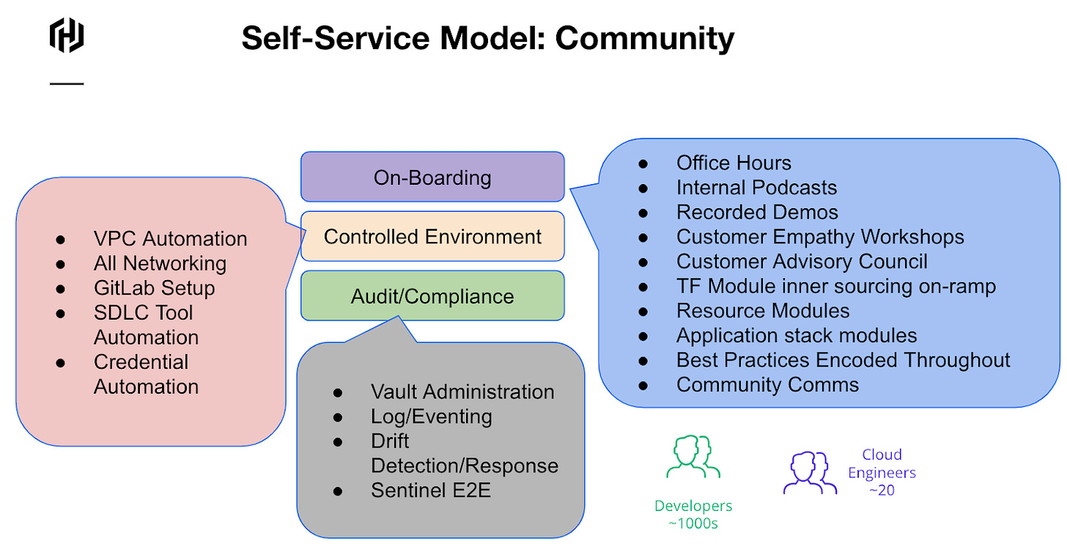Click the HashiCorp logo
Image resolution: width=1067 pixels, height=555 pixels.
(67, 35)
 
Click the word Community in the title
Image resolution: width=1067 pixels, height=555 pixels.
(644, 38)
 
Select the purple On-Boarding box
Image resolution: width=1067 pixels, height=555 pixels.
(432, 177)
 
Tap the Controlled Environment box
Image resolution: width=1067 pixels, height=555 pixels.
(432, 236)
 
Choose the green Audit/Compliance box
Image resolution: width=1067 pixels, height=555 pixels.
(432, 296)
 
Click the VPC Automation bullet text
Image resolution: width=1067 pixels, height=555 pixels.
(170, 239)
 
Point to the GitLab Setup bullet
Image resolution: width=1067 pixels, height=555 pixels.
(154, 288)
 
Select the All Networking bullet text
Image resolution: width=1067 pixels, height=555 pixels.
(160, 263)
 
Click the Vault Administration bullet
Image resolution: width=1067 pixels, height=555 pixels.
(462, 392)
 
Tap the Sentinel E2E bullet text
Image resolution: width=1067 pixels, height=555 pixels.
(431, 490)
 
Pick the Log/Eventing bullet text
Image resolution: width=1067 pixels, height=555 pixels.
(431, 416)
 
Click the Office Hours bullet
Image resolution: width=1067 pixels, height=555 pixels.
(734, 163)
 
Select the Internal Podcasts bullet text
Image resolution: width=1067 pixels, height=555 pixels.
(756, 188)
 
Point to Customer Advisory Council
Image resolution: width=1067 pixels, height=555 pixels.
(802, 262)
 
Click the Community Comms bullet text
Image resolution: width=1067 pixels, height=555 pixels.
(767, 385)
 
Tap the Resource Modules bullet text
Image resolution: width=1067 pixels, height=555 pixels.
(763, 311)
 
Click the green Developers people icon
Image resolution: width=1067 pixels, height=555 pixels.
(693, 458)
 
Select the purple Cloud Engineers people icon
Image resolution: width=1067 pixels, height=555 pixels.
(810, 473)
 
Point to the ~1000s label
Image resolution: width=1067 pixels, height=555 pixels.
(693, 523)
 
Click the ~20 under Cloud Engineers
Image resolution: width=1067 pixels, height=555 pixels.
(882, 490)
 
